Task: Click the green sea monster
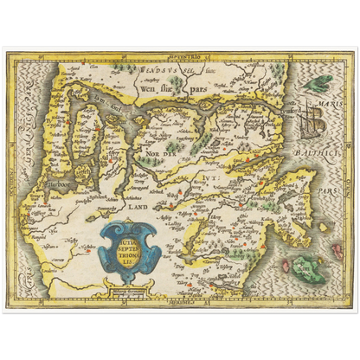tap(321, 85)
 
